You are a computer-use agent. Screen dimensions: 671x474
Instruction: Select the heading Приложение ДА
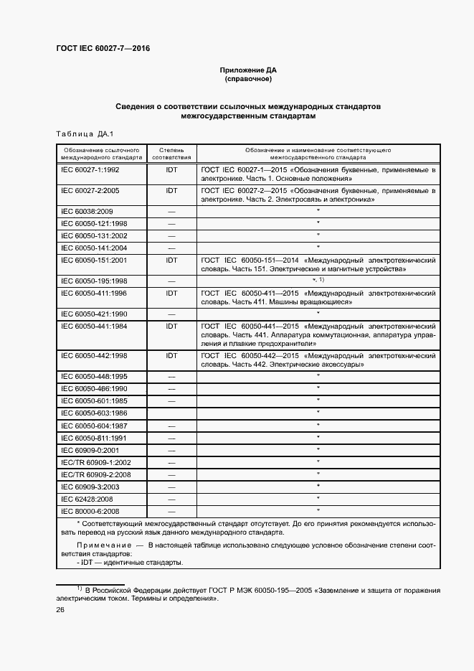tap(247, 70)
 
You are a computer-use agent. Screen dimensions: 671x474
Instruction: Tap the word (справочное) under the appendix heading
tap(247, 80)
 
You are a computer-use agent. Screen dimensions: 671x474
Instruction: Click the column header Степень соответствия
tap(171, 152)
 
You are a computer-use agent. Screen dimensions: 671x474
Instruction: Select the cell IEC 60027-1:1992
tap(90, 170)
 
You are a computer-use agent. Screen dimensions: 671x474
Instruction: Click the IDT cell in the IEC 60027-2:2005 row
tap(171, 191)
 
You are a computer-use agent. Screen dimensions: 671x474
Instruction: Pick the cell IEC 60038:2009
tap(87, 212)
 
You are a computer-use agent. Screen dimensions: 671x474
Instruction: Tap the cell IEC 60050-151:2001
tap(95, 259)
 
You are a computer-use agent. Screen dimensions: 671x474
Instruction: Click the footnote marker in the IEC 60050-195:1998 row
tap(318, 280)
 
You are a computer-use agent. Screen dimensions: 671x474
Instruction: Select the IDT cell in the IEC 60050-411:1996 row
tap(171, 293)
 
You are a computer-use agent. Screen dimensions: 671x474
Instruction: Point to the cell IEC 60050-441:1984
tap(95, 326)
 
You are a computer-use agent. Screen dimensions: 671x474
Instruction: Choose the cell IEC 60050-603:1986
tap(95, 413)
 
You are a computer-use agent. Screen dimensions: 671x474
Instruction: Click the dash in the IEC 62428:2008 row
tap(171, 499)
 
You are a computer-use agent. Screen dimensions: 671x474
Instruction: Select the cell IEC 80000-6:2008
tap(90, 511)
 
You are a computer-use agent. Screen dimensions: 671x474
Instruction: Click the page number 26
tap(60, 609)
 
